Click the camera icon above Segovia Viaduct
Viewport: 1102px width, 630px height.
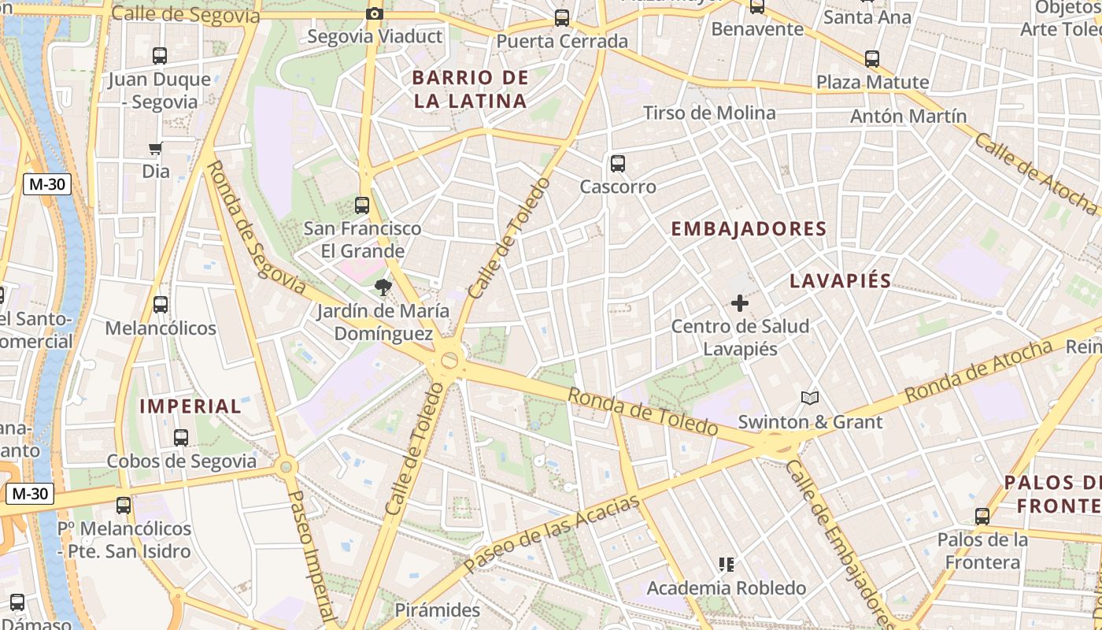pyautogui.click(x=375, y=13)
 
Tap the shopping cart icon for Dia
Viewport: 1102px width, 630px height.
pyautogui.click(x=156, y=148)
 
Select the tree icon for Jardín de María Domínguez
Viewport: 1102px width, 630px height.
pyautogui.click(x=383, y=287)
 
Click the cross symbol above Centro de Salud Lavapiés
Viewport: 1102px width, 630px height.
pyautogui.click(x=740, y=302)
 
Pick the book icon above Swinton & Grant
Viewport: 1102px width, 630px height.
pyautogui.click(x=810, y=398)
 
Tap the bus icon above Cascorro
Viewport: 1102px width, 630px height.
pyautogui.click(x=618, y=164)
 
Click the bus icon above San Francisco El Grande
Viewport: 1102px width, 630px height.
pyautogui.click(x=362, y=206)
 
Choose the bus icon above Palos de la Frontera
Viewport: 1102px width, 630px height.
pyautogui.click(x=982, y=517)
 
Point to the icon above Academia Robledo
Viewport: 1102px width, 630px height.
pyautogui.click(x=727, y=564)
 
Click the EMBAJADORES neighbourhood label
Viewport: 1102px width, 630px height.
pyautogui.click(x=749, y=229)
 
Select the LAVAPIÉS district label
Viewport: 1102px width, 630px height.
pyautogui.click(x=841, y=281)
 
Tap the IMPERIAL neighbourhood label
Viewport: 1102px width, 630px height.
pyautogui.click(x=190, y=406)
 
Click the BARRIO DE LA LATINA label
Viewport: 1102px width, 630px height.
pyautogui.click(x=470, y=89)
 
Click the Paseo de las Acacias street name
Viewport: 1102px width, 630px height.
pyautogui.click(x=552, y=534)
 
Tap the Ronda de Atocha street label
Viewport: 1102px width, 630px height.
pyautogui.click(x=978, y=371)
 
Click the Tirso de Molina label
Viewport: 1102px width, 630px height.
pyautogui.click(x=709, y=113)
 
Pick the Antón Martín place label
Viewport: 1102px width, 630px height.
pyautogui.click(x=908, y=117)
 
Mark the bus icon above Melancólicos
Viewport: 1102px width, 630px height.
pyautogui.click(x=161, y=305)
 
